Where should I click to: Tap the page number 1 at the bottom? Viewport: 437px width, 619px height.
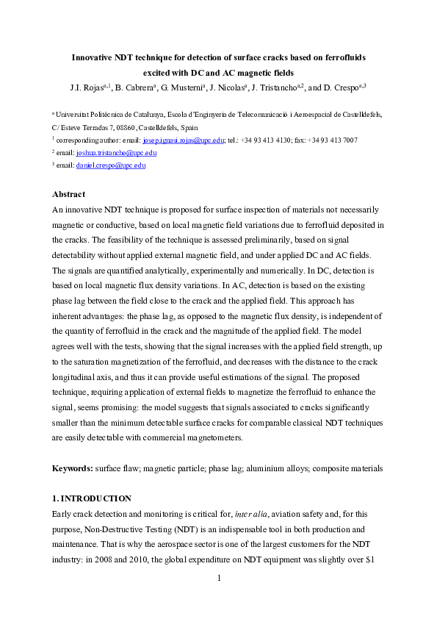(x=219, y=578)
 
